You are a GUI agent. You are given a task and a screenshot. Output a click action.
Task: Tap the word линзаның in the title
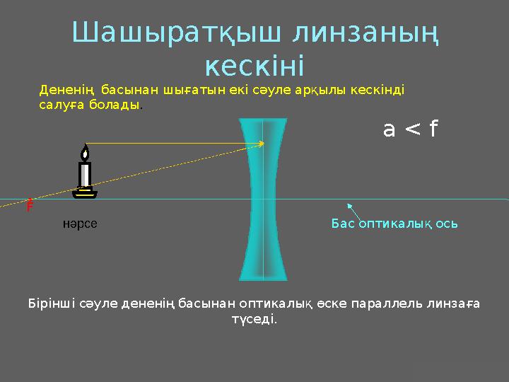[x=366, y=33]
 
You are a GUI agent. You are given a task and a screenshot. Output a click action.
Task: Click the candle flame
[x=85, y=153]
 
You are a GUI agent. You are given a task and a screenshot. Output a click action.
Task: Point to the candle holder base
[x=85, y=193]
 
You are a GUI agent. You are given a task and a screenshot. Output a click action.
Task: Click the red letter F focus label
[x=30, y=207]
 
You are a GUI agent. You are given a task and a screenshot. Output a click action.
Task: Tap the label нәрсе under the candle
[x=80, y=224]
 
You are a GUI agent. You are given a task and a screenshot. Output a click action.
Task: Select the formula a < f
[x=410, y=129]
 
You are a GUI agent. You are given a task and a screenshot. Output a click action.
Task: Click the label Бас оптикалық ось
[x=394, y=224]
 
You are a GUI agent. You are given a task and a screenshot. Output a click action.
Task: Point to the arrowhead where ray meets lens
[x=262, y=144]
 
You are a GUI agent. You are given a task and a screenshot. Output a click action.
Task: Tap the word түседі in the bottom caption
[x=255, y=319]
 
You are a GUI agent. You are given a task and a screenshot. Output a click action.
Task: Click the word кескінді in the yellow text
[x=380, y=91]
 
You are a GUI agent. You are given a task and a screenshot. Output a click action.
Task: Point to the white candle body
[x=85, y=174]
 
